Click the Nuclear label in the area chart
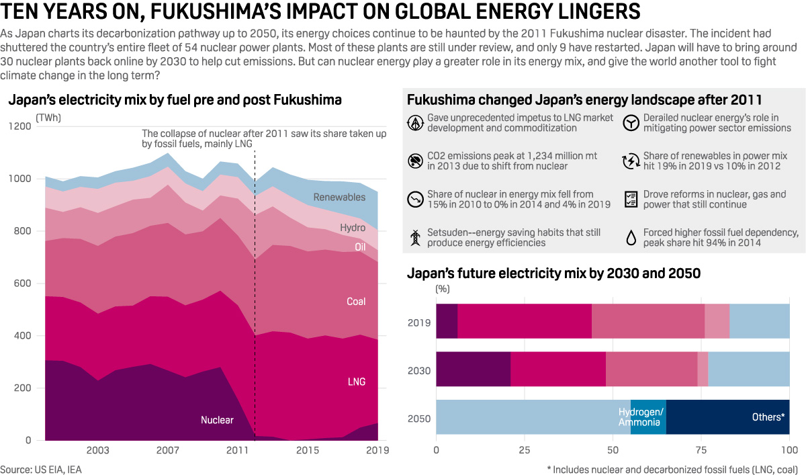(217, 420)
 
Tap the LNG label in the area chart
(356, 382)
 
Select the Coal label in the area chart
(355, 302)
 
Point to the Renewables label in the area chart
(339, 198)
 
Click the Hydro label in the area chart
(353, 228)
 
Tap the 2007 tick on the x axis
(168, 449)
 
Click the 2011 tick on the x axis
(238, 449)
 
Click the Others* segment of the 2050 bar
(727, 417)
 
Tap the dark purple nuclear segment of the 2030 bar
(474, 369)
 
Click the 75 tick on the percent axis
(701, 449)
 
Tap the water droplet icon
(631, 238)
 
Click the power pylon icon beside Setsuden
(416, 238)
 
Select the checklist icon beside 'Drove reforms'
(631, 200)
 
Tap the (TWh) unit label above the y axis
(49, 118)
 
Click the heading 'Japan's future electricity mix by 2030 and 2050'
(554, 273)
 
